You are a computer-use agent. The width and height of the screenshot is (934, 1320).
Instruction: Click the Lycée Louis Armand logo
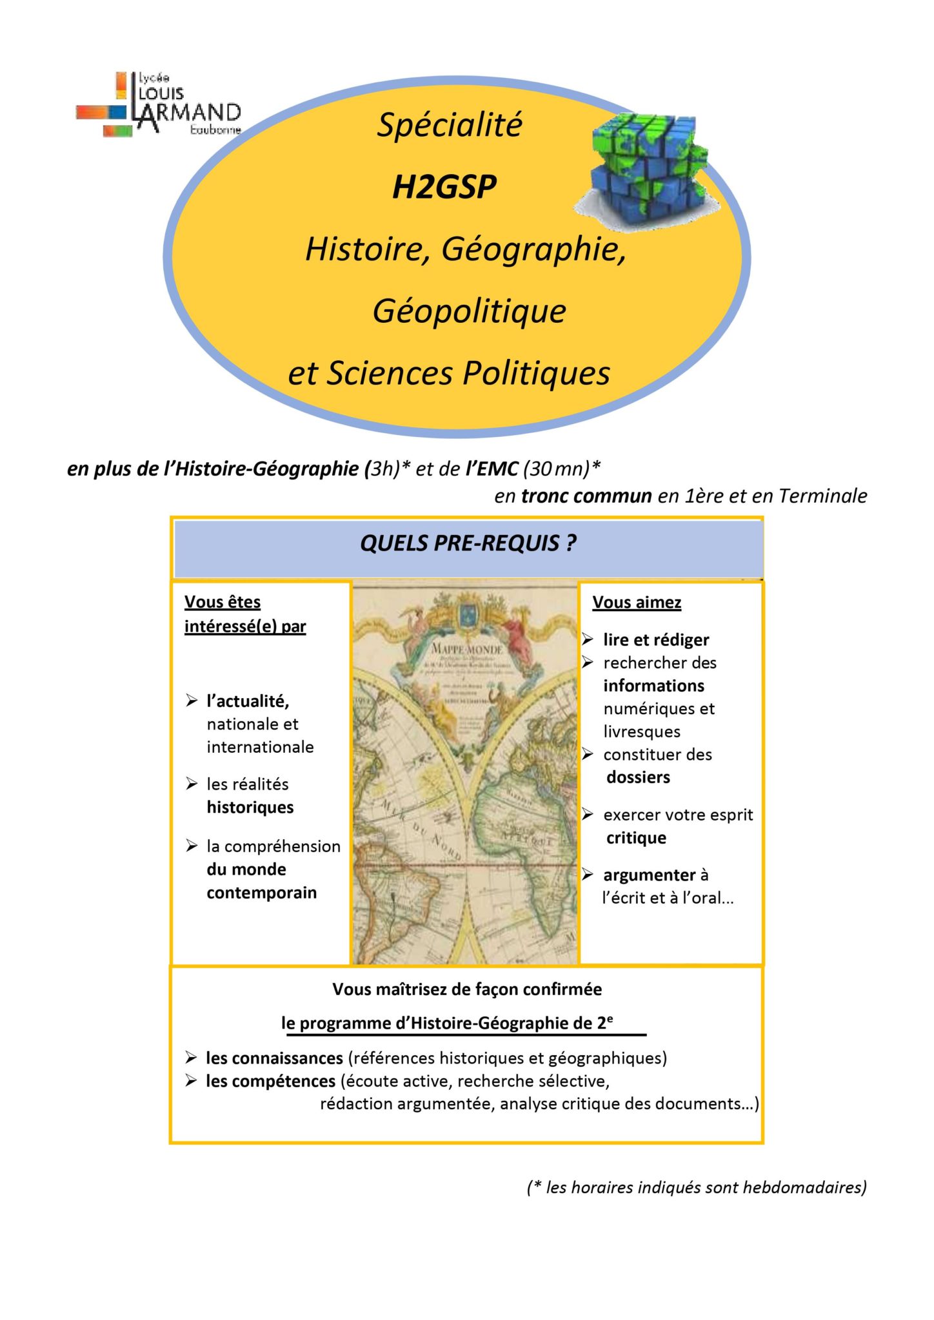tap(159, 105)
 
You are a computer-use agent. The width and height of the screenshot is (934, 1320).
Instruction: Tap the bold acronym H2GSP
tap(444, 188)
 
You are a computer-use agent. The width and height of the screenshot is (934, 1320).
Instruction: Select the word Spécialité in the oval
tap(450, 125)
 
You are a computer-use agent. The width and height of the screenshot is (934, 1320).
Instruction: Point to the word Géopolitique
tap(469, 311)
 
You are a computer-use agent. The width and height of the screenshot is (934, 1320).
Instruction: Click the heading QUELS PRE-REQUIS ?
tap(468, 543)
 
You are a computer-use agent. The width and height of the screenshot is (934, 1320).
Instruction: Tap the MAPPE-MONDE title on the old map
tap(466, 648)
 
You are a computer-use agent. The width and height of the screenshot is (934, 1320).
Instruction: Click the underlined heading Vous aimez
tap(637, 603)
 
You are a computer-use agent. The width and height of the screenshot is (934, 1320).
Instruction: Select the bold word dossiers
tap(638, 777)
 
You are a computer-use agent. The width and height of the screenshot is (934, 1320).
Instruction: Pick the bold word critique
tap(636, 838)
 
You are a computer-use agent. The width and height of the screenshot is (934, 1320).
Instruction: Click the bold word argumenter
tap(650, 875)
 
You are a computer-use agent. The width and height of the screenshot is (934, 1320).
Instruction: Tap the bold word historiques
tap(250, 808)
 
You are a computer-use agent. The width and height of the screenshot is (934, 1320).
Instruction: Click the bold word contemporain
tap(262, 893)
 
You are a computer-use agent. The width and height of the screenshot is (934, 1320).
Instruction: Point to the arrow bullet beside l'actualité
tap(192, 701)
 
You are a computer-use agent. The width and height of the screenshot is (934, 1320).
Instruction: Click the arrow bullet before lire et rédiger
tap(588, 639)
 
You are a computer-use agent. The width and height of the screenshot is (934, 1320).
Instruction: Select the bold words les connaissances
tap(274, 1058)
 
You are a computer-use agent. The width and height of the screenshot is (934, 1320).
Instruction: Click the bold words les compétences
tap(271, 1082)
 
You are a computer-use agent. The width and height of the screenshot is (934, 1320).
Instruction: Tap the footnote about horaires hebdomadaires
tap(696, 1187)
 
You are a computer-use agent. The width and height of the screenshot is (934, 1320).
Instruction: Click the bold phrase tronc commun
tap(586, 496)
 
